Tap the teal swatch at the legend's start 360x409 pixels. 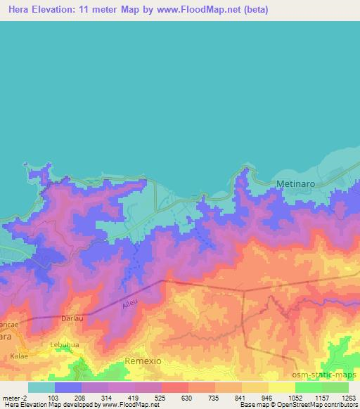coord(41,387)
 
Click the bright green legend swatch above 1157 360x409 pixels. coord(308,387)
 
